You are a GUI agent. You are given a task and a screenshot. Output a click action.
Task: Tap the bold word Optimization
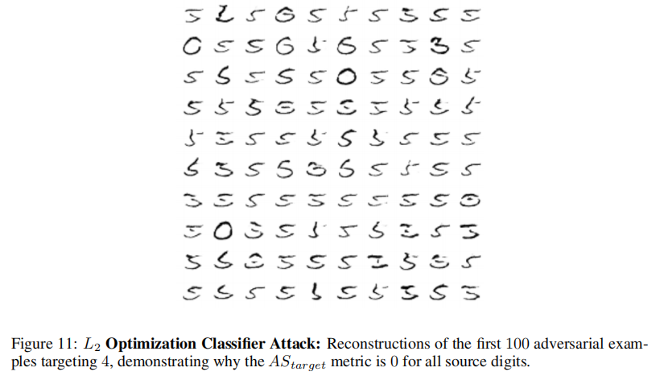pos(146,342)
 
